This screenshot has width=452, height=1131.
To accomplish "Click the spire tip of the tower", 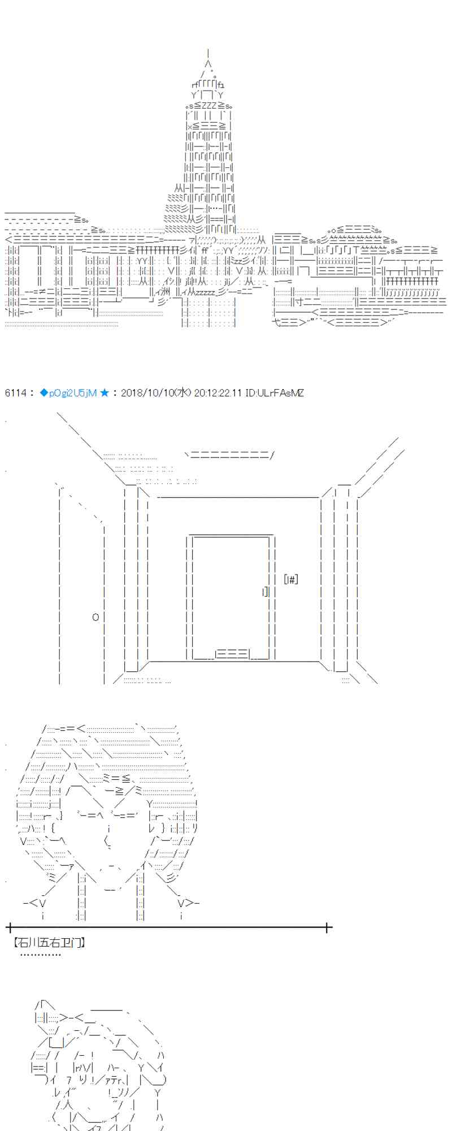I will pyautogui.click(x=209, y=52).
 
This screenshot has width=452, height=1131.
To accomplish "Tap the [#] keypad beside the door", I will pyautogui.click(x=291, y=579).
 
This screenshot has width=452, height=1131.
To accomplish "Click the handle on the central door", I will pyautogui.click(x=265, y=592).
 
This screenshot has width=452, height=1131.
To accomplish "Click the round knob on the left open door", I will pyautogui.click(x=95, y=617).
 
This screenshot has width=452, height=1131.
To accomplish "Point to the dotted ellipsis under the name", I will pyautogui.click(x=40, y=955).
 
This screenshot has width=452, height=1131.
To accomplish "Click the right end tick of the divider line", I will pyautogui.click(x=327, y=927).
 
